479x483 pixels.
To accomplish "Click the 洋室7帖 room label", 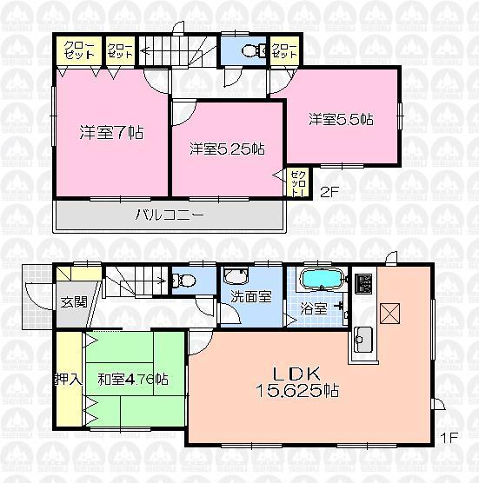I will [x=111, y=133].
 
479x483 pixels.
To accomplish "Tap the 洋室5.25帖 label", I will [x=227, y=149].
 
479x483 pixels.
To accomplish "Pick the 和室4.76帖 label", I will [x=132, y=379].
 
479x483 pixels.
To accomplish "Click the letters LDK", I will [x=300, y=374].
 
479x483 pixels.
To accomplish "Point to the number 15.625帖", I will [x=296, y=392].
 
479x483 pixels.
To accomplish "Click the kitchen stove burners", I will [x=364, y=285].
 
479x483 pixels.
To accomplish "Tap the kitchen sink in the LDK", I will [x=363, y=338].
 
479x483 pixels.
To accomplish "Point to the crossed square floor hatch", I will [x=390, y=311].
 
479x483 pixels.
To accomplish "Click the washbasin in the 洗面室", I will [x=236, y=278].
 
